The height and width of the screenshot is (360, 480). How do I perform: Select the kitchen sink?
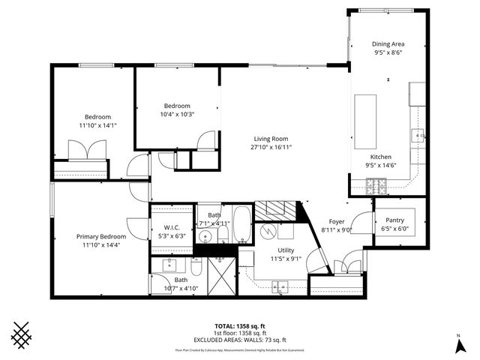pyautogui.click(x=418, y=136)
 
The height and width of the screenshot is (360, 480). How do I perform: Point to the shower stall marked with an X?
pyautogui.click(x=222, y=277)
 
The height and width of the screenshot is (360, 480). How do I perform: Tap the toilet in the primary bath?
pyautogui.click(x=196, y=267)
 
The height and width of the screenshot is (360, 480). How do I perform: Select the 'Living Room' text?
pyautogui.click(x=271, y=139)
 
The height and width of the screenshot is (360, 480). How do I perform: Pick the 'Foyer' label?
pyautogui.click(x=336, y=221)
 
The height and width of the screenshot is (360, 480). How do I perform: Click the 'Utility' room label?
pyautogui.click(x=286, y=250)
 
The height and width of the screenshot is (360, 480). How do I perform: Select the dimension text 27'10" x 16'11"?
pyautogui.click(x=271, y=147)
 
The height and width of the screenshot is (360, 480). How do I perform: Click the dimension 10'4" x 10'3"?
pyautogui.click(x=177, y=114)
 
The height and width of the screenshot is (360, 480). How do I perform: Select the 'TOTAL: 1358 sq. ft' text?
pyautogui.click(x=239, y=326)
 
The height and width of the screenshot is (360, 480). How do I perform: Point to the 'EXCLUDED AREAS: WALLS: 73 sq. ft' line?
pyautogui.click(x=239, y=340)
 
